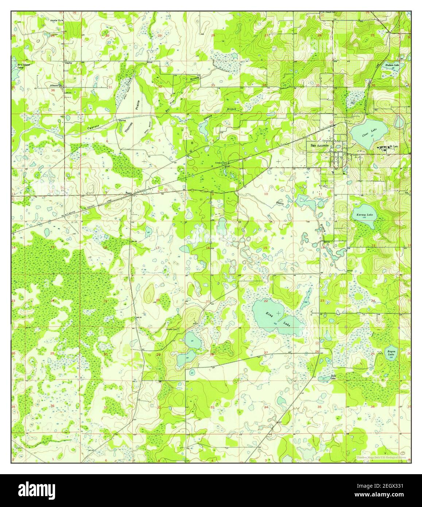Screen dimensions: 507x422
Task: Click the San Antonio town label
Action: pyautogui.click(x=320, y=145)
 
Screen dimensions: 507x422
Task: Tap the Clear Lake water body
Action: pyautogui.click(x=368, y=132)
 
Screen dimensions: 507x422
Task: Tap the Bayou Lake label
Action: pyautogui.click(x=391, y=353)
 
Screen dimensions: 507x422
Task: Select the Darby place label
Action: pyautogui.click(x=68, y=63)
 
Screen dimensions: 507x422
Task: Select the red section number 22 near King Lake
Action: pyautogui.click(x=266, y=301)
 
